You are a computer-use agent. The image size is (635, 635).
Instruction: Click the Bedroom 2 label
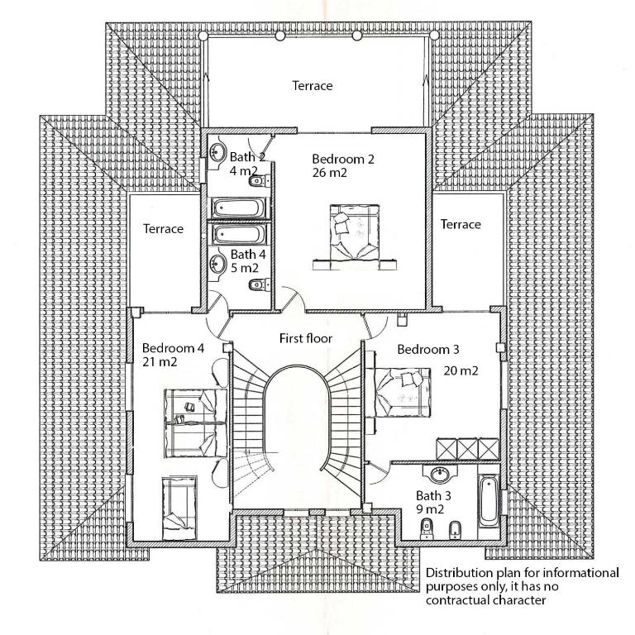(343, 159)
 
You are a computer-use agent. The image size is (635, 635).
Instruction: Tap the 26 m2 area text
(330, 173)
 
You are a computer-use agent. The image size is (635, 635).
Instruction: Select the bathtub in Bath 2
(238, 208)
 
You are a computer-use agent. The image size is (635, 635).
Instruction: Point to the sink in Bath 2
(218, 153)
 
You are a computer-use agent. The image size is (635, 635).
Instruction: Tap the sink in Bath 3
(440, 474)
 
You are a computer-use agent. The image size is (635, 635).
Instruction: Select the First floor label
(306, 338)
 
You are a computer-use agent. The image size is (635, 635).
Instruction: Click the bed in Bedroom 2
(355, 237)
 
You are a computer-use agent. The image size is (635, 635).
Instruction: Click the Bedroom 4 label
(173, 348)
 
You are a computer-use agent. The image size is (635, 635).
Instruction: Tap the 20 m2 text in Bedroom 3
(461, 370)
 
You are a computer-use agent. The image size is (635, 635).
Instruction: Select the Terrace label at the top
(313, 85)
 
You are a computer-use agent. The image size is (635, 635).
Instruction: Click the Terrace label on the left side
(163, 229)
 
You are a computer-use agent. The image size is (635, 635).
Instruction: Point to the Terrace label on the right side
(461, 224)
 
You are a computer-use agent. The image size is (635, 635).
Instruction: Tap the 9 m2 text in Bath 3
(430, 509)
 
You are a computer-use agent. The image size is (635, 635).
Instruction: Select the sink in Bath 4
(218, 264)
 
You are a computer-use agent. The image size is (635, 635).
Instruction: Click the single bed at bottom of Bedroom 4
(179, 508)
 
